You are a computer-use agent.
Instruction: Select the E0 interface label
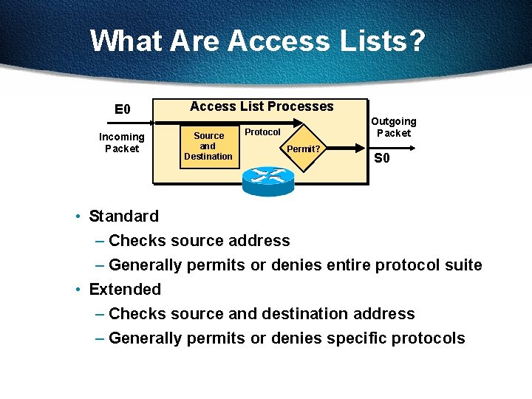coord(123,109)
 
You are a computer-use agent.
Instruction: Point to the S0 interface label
coord(382,158)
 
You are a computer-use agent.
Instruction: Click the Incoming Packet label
coord(122,143)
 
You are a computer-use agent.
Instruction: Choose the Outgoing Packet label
coord(393,127)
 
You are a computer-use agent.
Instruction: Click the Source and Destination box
coord(208,146)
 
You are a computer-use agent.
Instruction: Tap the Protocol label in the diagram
coord(262,132)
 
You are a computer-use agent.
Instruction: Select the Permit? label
coord(304,149)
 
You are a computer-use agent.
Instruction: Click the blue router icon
coord(267,177)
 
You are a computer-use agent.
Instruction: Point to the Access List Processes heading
coord(262,106)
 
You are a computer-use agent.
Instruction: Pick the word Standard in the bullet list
coord(123,216)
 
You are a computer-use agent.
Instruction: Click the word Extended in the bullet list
coord(125,290)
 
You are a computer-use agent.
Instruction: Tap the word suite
coord(463,265)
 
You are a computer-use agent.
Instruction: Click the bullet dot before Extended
coord(78,290)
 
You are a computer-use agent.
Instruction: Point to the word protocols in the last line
coord(432,338)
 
